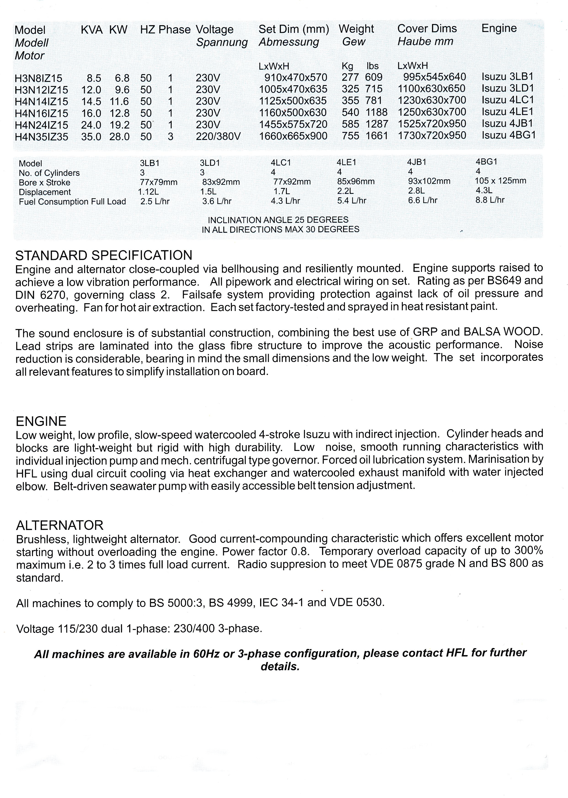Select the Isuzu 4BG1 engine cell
click(509, 135)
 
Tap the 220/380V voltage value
click(218, 136)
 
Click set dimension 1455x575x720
click(293, 124)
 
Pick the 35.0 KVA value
click(91, 137)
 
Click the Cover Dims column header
click(427, 29)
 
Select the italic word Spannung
click(222, 42)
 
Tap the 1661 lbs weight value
click(377, 136)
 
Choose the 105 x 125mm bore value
click(500, 181)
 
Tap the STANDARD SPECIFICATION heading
click(104, 255)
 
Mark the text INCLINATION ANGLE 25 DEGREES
click(278, 220)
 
